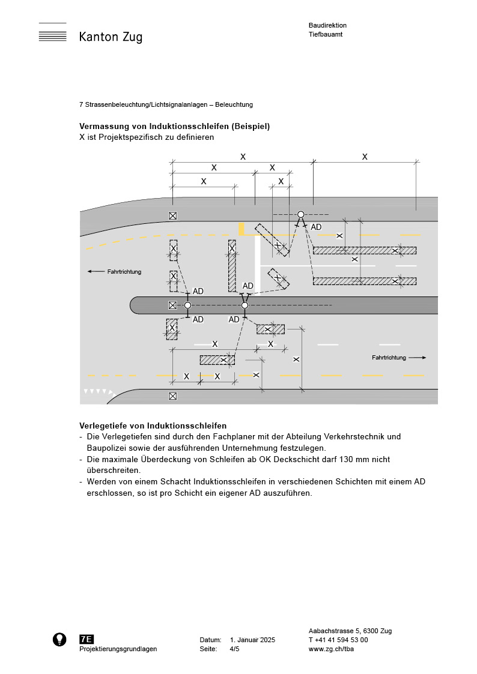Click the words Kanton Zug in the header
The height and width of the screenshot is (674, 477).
(111, 37)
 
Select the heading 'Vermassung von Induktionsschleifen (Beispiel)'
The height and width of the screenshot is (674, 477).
(174, 126)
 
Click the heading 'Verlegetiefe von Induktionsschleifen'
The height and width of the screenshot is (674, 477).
(153, 426)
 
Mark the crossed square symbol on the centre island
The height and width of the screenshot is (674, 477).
(172, 305)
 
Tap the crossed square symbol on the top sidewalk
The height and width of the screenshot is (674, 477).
(173, 215)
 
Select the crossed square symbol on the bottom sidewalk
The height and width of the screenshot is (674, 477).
(173, 396)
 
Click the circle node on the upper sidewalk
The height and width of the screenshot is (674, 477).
(300, 214)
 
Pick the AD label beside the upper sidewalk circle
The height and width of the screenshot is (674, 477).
(316, 227)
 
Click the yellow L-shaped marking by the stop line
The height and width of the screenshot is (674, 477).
(244, 230)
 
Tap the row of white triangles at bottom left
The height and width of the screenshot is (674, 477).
(98, 391)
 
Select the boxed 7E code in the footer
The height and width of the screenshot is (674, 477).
(87, 639)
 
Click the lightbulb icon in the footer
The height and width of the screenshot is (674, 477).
(59, 639)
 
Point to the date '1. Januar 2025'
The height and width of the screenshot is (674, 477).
(252, 640)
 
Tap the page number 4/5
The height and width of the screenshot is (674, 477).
(235, 649)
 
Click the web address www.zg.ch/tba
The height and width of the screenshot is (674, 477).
(330, 649)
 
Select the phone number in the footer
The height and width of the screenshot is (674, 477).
(338, 640)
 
